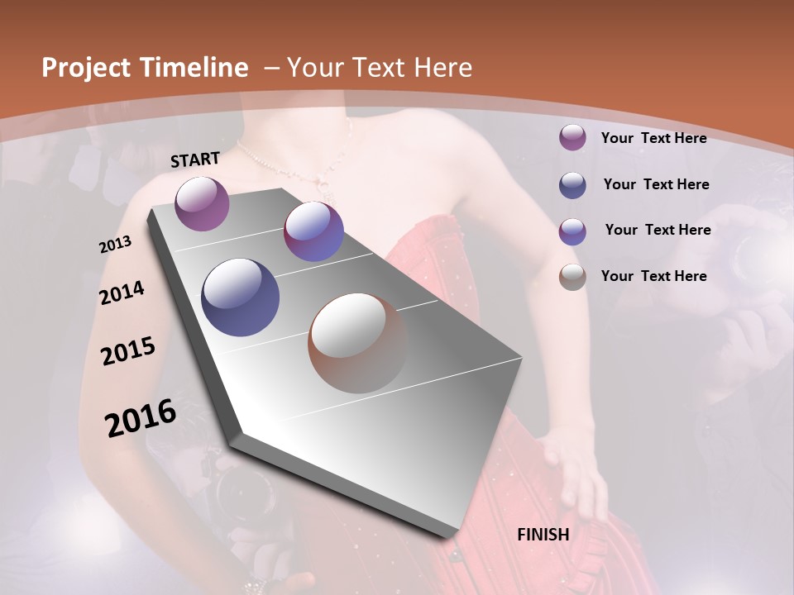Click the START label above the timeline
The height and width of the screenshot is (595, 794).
195,159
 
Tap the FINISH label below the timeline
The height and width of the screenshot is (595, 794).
543,535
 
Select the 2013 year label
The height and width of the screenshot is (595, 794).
116,245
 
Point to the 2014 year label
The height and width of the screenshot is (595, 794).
122,293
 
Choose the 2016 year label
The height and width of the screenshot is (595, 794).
141,418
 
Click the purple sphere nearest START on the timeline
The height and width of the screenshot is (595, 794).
202,203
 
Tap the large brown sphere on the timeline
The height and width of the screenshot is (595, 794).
357,343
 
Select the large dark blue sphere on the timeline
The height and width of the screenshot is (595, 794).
240,297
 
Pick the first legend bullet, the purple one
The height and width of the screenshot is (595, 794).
572,138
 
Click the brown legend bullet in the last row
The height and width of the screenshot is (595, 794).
572,277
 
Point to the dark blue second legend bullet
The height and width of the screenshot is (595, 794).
572,185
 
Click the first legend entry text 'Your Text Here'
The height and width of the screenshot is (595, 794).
653,138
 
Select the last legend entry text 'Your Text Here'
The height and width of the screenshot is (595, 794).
653,276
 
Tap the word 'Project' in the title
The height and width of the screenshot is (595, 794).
83,68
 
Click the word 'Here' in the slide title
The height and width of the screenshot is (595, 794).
444,68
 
